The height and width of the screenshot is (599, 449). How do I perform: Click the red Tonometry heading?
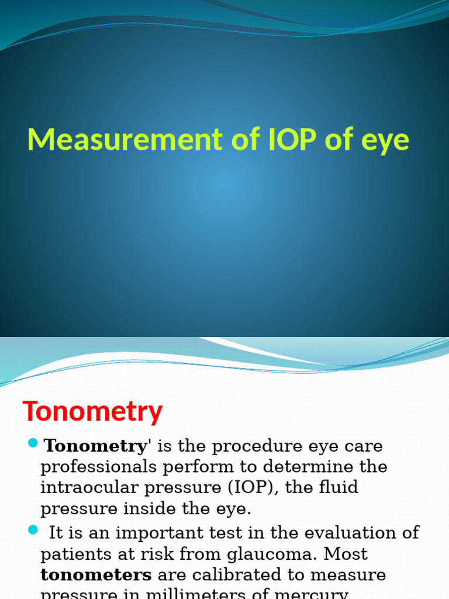tap(92, 412)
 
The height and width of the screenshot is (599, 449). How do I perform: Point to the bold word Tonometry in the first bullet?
tap(96, 446)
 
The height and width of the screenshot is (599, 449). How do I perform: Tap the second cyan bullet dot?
tap(32, 530)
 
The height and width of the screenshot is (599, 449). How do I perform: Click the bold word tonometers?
tap(96, 574)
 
